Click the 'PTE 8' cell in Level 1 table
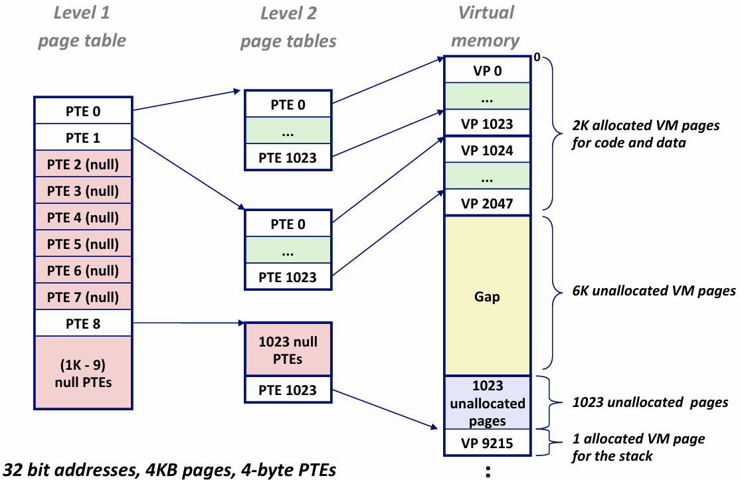83,323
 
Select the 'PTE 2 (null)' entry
83,164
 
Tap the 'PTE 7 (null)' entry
83,297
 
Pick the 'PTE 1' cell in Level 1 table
83,137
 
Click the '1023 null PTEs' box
288,350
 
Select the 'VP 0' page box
487,70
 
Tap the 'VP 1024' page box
487,151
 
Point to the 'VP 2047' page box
487,203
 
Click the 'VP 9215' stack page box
487,443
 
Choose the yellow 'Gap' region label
487,297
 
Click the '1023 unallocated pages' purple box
487,403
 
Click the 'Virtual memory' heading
486,27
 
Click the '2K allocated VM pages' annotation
645,133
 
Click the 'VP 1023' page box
487,123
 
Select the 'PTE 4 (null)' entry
83,217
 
